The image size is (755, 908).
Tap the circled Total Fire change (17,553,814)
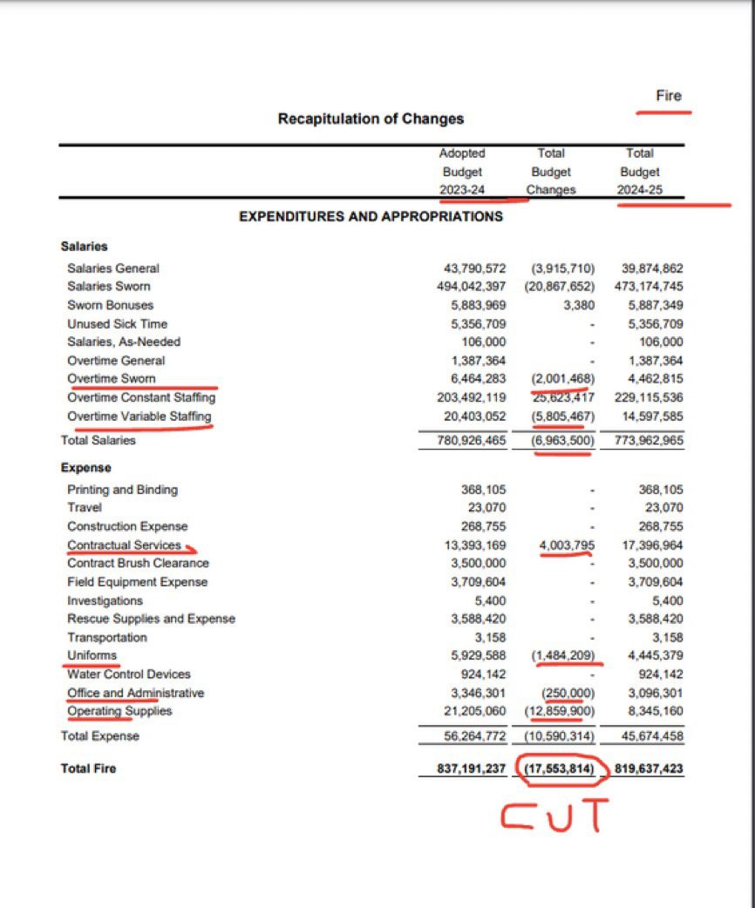point(559,769)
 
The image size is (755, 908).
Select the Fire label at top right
point(669,96)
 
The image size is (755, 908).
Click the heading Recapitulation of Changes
point(371,119)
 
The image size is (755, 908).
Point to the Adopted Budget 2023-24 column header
point(462,172)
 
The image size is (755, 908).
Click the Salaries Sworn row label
point(108,287)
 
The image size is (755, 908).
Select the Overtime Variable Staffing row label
point(139,416)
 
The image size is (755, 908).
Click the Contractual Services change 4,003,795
point(566,545)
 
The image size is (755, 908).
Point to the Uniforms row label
point(92,655)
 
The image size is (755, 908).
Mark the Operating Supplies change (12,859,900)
point(561,711)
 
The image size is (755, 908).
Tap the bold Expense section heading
point(85,468)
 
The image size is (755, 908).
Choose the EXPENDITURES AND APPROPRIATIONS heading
point(371,216)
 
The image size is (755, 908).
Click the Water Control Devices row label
point(128,674)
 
